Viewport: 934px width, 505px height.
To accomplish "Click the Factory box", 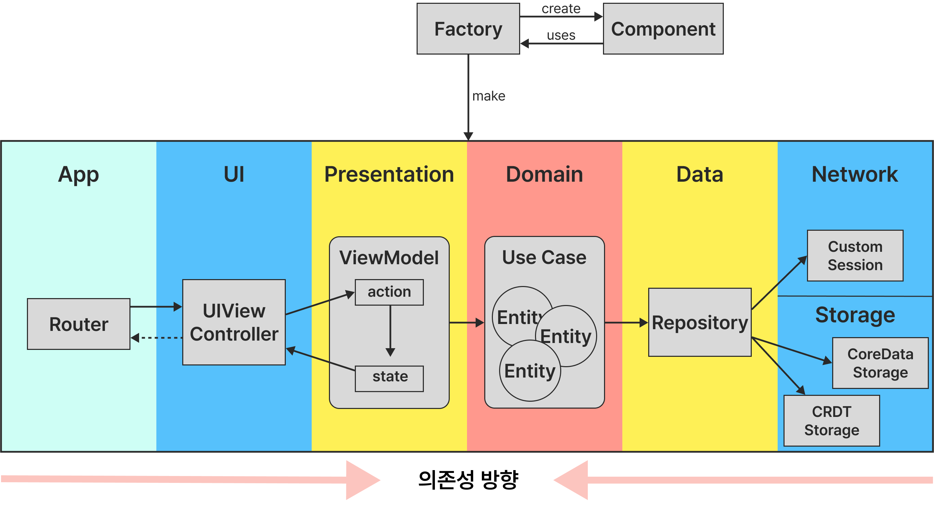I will [x=468, y=29].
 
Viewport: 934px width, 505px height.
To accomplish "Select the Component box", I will [x=663, y=29].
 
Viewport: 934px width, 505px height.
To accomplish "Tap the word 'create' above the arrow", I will [x=561, y=8].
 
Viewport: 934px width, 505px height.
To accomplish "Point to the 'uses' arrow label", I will [x=561, y=35].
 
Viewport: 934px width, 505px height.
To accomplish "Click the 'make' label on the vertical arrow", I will [x=488, y=96].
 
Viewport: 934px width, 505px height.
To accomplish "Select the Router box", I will [x=79, y=324].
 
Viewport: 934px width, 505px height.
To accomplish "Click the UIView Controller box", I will [x=234, y=322].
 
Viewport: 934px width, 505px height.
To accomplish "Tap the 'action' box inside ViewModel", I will [x=389, y=292].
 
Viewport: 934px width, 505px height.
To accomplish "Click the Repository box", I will [x=699, y=323].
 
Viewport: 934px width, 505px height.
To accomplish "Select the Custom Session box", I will [x=855, y=256].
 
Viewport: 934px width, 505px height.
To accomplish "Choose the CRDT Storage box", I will [x=831, y=421].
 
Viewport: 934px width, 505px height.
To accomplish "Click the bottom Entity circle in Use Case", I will [x=530, y=371].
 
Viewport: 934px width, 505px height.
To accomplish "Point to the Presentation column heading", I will [x=389, y=174].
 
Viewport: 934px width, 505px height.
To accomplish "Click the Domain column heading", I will [x=544, y=174].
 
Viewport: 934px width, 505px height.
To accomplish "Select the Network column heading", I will [x=855, y=174].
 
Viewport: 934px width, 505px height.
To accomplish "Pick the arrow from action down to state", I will [x=390, y=330].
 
